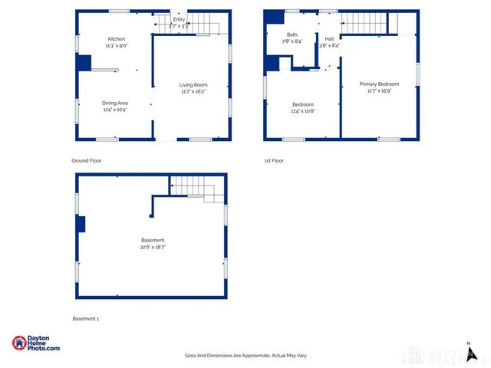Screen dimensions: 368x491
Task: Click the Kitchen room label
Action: [x=116, y=39]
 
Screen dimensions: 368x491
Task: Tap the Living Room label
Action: [x=193, y=85]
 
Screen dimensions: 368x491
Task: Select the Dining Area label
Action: [x=115, y=103]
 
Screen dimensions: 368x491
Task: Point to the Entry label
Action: [x=179, y=19]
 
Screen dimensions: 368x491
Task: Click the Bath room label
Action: [x=292, y=34]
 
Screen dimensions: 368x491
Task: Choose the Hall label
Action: [x=329, y=39]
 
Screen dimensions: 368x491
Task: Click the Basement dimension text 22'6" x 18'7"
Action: [x=153, y=247]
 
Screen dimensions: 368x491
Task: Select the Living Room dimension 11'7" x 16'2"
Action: [x=193, y=92]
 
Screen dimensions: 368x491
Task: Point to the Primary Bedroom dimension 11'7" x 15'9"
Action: [x=379, y=91]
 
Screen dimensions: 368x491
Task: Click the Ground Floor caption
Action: [x=87, y=161]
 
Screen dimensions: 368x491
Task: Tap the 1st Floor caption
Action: [x=274, y=161]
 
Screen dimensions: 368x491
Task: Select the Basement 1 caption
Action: [x=86, y=318]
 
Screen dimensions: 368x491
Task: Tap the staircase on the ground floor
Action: [x=203, y=23]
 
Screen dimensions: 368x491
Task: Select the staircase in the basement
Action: [x=195, y=187]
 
